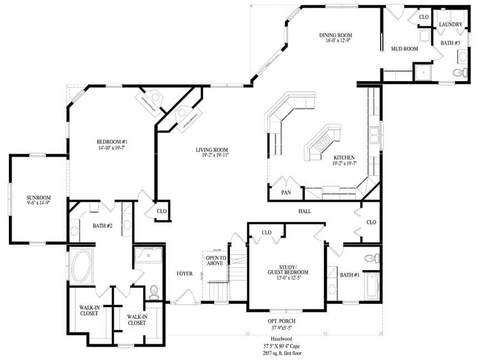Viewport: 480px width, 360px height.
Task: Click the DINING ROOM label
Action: [335, 35]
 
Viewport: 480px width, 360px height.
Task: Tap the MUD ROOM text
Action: [404, 49]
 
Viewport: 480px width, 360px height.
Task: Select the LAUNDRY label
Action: [451, 24]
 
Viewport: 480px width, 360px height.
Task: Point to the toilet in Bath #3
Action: [459, 72]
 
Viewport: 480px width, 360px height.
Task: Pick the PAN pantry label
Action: [286, 193]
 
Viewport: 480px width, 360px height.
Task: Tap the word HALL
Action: [304, 211]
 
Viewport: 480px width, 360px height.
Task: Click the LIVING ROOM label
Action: [212, 150]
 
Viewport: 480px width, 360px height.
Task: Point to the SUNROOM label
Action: [39, 197]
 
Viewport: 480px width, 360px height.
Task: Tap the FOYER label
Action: [184, 273]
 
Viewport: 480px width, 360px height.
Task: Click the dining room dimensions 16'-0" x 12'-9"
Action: [335, 41]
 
